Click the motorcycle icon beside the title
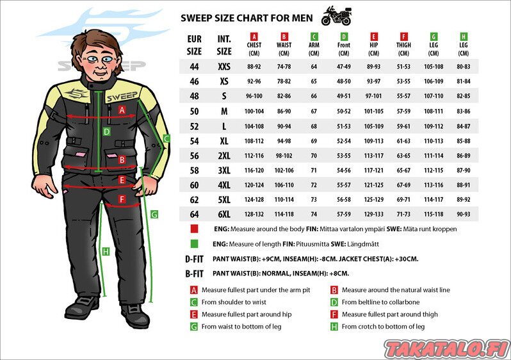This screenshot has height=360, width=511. pyautogui.click(x=336, y=15)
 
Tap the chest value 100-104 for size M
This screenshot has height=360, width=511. pyautogui.click(x=254, y=111)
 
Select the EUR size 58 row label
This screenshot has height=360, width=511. pyautogui.click(x=194, y=170)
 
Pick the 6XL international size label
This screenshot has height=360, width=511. pyautogui.click(x=224, y=214)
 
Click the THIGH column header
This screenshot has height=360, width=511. pyautogui.click(x=403, y=45)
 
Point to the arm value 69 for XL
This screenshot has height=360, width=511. pyautogui.click(x=314, y=141)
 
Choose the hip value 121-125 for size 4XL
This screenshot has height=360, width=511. pyautogui.click(x=374, y=185)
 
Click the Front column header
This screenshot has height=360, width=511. pyautogui.click(x=344, y=45)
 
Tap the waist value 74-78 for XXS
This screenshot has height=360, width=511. pyautogui.click(x=284, y=67)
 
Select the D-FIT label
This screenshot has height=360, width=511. pyautogui.click(x=194, y=259)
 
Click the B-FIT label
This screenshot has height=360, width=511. pyautogui.click(x=194, y=274)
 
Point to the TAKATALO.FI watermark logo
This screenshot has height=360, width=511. pyautogui.click(x=447, y=349)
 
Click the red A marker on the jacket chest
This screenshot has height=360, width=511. pyautogui.click(x=122, y=110)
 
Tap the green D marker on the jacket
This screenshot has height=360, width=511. pyautogui.click(x=106, y=132)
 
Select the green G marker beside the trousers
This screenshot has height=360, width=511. pyautogui.click(x=154, y=215)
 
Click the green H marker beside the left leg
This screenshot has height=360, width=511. pyautogui.click(x=106, y=252)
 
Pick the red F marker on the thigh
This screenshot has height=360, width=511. pyautogui.click(x=122, y=199)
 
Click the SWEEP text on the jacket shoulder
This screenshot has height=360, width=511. pyautogui.click(x=122, y=97)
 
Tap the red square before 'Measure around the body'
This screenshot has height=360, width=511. pyautogui.click(x=194, y=229)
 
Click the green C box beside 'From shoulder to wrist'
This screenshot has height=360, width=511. pyautogui.click(x=194, y=302)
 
